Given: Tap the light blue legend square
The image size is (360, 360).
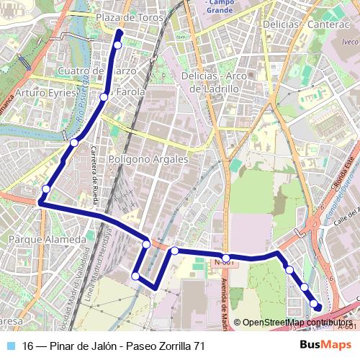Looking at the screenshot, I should pos(12,346).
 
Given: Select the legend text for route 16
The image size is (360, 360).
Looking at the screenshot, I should pos(114,346).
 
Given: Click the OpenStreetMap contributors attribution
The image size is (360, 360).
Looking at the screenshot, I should pos(295,323).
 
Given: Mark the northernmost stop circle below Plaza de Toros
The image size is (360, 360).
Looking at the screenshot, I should pos(118,45).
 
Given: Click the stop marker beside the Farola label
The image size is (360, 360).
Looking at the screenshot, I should pos(104,96).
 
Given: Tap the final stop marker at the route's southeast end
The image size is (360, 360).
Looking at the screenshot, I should pos(318,305).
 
